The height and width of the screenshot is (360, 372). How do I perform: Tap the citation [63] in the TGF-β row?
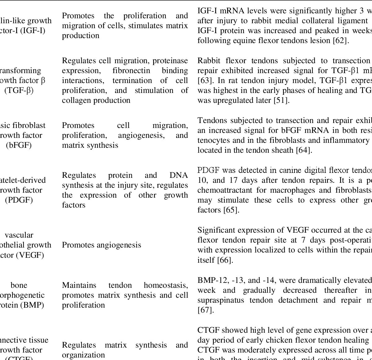click(x=203, y=81)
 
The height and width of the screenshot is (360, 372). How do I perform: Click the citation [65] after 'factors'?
click(x=231, y=210)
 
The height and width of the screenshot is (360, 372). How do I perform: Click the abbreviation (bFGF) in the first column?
click(x=19, y=145)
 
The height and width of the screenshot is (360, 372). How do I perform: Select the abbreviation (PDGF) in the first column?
click(x=19, y=200)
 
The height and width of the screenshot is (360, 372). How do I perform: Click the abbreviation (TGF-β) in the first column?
click(x=19, y=90)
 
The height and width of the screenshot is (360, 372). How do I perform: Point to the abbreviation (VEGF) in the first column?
click(x=30, y=255)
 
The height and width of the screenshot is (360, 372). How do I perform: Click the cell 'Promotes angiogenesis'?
click(x=101, y=245)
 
